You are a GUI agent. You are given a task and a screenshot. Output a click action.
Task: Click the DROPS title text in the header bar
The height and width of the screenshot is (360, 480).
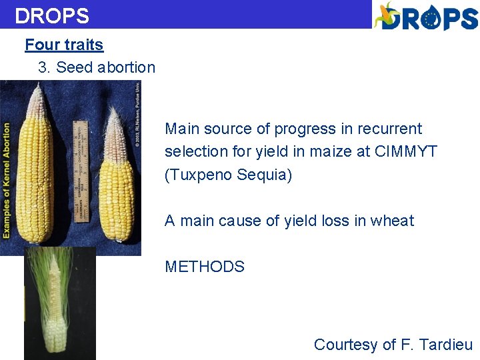coord(51,15)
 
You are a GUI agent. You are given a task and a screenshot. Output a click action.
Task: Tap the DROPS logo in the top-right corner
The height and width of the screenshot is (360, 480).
coord(426,16)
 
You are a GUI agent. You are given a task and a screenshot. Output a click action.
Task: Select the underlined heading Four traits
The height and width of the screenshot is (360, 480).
coord(64,45)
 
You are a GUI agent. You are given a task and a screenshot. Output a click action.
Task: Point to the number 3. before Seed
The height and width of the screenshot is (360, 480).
coord(45,67)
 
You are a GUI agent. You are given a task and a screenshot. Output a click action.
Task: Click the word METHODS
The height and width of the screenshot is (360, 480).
coord(205,267)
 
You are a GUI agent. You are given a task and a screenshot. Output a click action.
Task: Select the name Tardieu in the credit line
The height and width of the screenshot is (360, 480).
coord(445,345)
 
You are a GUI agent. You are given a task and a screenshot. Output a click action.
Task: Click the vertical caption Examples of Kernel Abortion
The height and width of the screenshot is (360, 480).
coord(6,181)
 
